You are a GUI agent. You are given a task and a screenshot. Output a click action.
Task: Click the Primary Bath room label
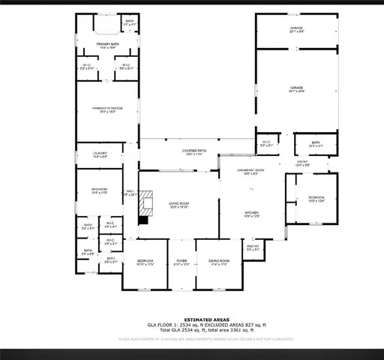(106, 44)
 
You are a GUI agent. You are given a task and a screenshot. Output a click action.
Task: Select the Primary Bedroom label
(107, 109)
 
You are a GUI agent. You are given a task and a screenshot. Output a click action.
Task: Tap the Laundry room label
(100, 154)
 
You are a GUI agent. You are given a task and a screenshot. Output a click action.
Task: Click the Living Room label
(178, 204)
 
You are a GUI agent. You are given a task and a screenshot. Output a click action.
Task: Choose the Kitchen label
(251, 214)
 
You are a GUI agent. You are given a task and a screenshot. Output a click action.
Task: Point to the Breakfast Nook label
(247, 172)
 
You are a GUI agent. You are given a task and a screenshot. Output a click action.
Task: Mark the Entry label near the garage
(302, 163)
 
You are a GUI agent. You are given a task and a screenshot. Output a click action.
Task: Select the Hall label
(129, 193)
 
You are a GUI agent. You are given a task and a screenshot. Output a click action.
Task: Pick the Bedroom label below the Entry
(316, 199)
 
